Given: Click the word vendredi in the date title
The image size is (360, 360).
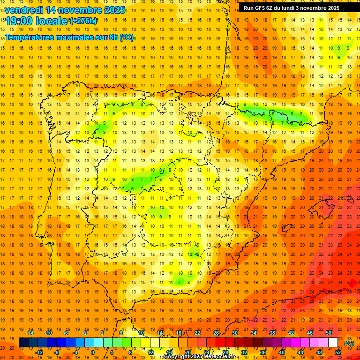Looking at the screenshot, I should tap(24, 10).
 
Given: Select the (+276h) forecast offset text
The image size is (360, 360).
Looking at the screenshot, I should tap(83, 21).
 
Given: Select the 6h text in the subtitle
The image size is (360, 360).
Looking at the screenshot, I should tap(112, 37).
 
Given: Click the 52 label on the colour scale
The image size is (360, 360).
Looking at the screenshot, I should tap(338, 352).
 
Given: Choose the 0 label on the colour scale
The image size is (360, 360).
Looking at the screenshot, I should tap(93, 352).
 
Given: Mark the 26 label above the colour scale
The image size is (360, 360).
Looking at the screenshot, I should tap(216, 333).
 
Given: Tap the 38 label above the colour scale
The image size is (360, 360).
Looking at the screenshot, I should tap(272, 333).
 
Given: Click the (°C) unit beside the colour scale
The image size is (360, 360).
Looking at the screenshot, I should tap(349, 343).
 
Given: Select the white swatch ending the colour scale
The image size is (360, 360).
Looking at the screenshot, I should tap(333, 343).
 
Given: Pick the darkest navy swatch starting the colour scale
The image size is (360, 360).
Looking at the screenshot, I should tap(23, 343).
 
